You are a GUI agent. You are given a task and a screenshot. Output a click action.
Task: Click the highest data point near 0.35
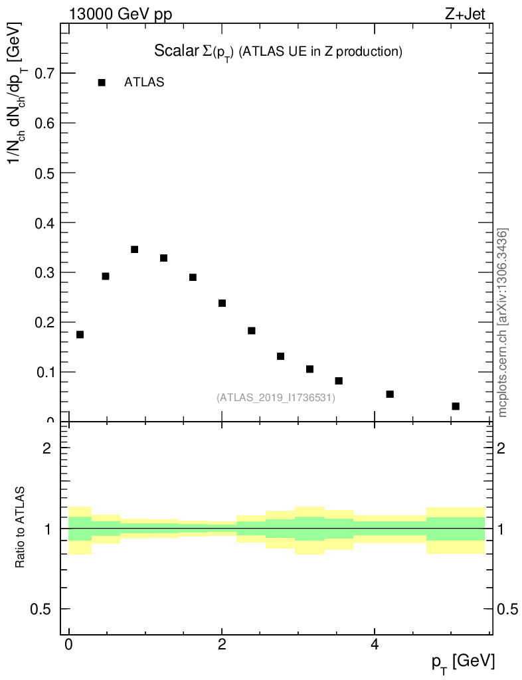pyautogui.click(x=134, y=250)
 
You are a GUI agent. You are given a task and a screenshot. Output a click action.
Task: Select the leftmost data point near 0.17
pyautogui.click(x=80, y=335)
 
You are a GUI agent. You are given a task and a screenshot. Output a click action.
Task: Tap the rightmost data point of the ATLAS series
pyautogui.click(x=456, y=406)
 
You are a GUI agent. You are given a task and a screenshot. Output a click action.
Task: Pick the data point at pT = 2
pyautogui.click(x=222, y=303)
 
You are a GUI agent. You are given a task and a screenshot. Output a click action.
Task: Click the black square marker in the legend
pyautogui.click(x=102, y=82)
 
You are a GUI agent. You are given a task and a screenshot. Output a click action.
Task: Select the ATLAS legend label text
pyautogui.click(x=144, y=82)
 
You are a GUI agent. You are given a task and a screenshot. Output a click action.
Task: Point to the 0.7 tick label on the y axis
pyautogui.click(x=40, y=73)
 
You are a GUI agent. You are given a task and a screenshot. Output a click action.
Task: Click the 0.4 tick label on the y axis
pyautogui.click(x=40, y=222)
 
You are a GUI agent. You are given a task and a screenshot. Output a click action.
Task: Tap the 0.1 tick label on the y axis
pyautogui.click(x=40, y=372)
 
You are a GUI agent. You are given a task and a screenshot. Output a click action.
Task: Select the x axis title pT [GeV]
pyautogui.click(x=464, y=661)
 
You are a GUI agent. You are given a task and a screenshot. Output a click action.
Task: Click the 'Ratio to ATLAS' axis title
pyautogui.click(x=21, y=527)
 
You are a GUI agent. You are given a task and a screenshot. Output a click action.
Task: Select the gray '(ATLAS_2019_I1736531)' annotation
pyautogui.click(x=276, y=398)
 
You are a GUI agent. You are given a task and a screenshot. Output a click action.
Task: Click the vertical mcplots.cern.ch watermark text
pyautogui.click(x=503, y=323)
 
